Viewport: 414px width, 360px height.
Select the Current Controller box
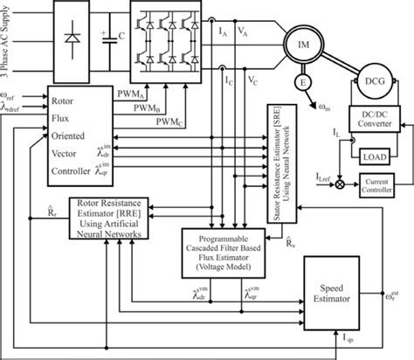coord(380,184)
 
